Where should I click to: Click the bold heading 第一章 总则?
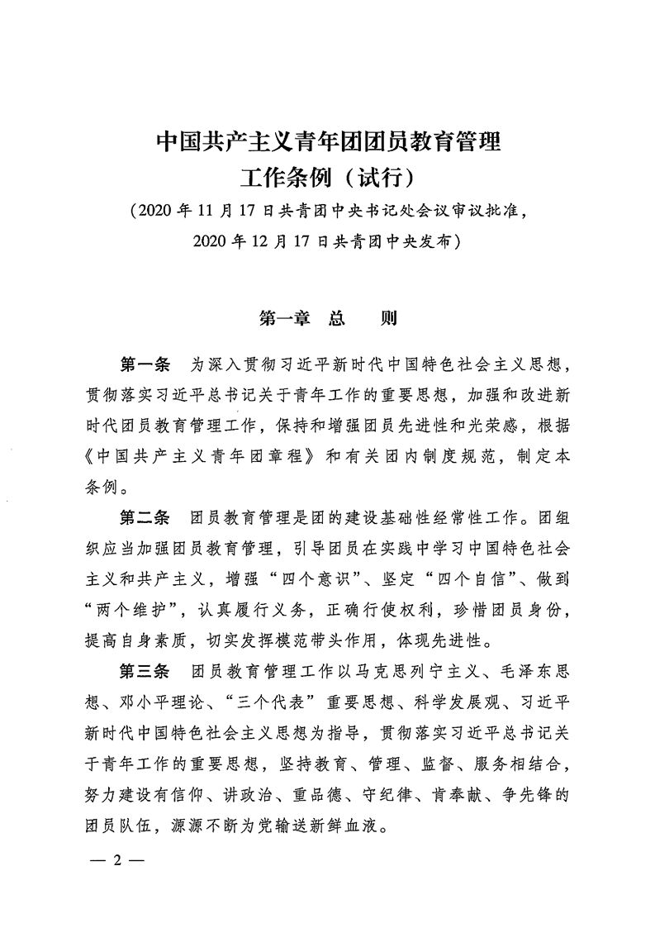pyautogui.click(x=328, y=317)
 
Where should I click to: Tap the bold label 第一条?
pyautogui.click(x=145, y=364)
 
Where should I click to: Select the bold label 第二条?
pyautogui.click(x=145, y=518)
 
